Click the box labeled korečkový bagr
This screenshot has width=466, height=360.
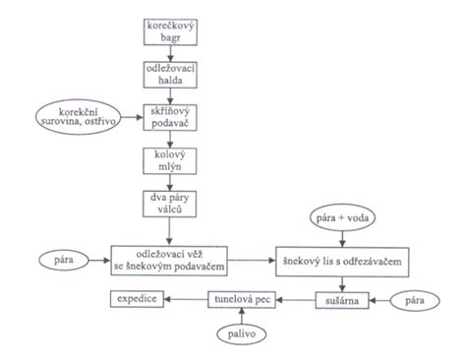[170, 31]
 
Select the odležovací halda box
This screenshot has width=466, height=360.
[170, 75]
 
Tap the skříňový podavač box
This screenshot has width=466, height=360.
[170, 117]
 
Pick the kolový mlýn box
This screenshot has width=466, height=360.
[170, 160]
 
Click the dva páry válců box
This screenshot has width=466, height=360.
[169, 204]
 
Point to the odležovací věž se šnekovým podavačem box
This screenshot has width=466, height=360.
[169, 261]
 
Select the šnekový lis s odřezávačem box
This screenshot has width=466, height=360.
[342, 262]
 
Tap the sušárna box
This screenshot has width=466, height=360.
[342, 300]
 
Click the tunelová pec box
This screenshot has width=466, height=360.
[242, 299]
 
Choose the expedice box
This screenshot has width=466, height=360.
[137, 299]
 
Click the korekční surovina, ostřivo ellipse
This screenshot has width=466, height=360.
[78, 117]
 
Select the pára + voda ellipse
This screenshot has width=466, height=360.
[342, 217]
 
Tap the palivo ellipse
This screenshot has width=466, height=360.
[242, 333]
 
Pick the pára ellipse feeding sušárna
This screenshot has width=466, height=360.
[415, 300]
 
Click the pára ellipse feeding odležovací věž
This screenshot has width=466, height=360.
[64, 261]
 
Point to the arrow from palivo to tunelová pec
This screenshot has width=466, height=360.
[242, 316]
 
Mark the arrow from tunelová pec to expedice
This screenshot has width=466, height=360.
[186, 299]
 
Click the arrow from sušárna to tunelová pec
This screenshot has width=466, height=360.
[296, 300]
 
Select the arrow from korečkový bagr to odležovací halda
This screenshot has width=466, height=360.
[170, 53]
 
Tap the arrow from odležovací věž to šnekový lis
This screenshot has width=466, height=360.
[252, 261]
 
